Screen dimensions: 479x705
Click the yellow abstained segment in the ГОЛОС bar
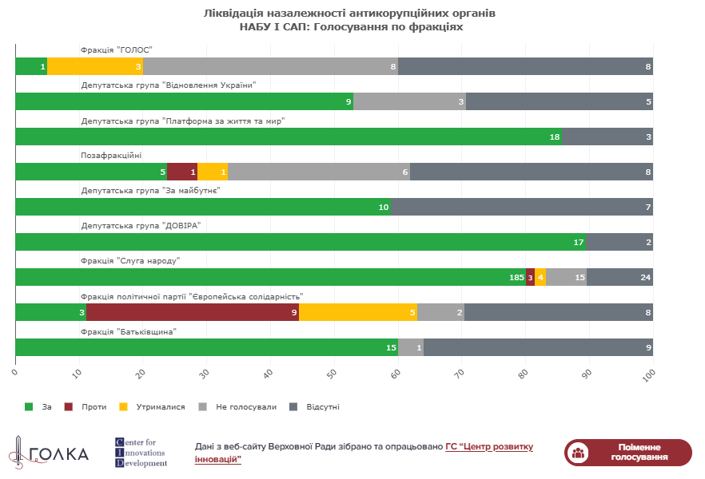click(x=95, y=66)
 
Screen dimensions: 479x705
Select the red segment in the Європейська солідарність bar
click(x=193, y=312)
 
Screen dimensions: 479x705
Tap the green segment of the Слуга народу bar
click(x=270, y=277)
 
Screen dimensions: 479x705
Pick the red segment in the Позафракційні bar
click(x=182, y=172)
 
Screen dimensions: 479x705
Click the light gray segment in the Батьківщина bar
click(x=411, y=347)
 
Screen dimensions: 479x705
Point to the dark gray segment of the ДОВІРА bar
click(x=619, y=242)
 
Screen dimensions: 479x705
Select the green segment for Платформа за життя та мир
click(x=289, y=137)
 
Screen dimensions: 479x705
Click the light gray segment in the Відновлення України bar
click(x=409, y=101)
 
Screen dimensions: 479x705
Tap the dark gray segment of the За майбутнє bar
click(x=522, y=207)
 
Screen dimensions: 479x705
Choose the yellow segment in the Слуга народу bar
click(x=541, y=277)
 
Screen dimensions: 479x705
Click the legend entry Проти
click(x=86, y=407)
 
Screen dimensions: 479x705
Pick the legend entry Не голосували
click(x=238, y=407)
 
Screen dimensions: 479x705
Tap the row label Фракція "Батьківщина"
click(x=128, y=331)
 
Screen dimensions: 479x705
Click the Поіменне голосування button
click(x=627, y=453)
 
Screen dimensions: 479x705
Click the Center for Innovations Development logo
click(x=141, y=453)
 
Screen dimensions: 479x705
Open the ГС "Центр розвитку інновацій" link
click(x=364, y=453)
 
